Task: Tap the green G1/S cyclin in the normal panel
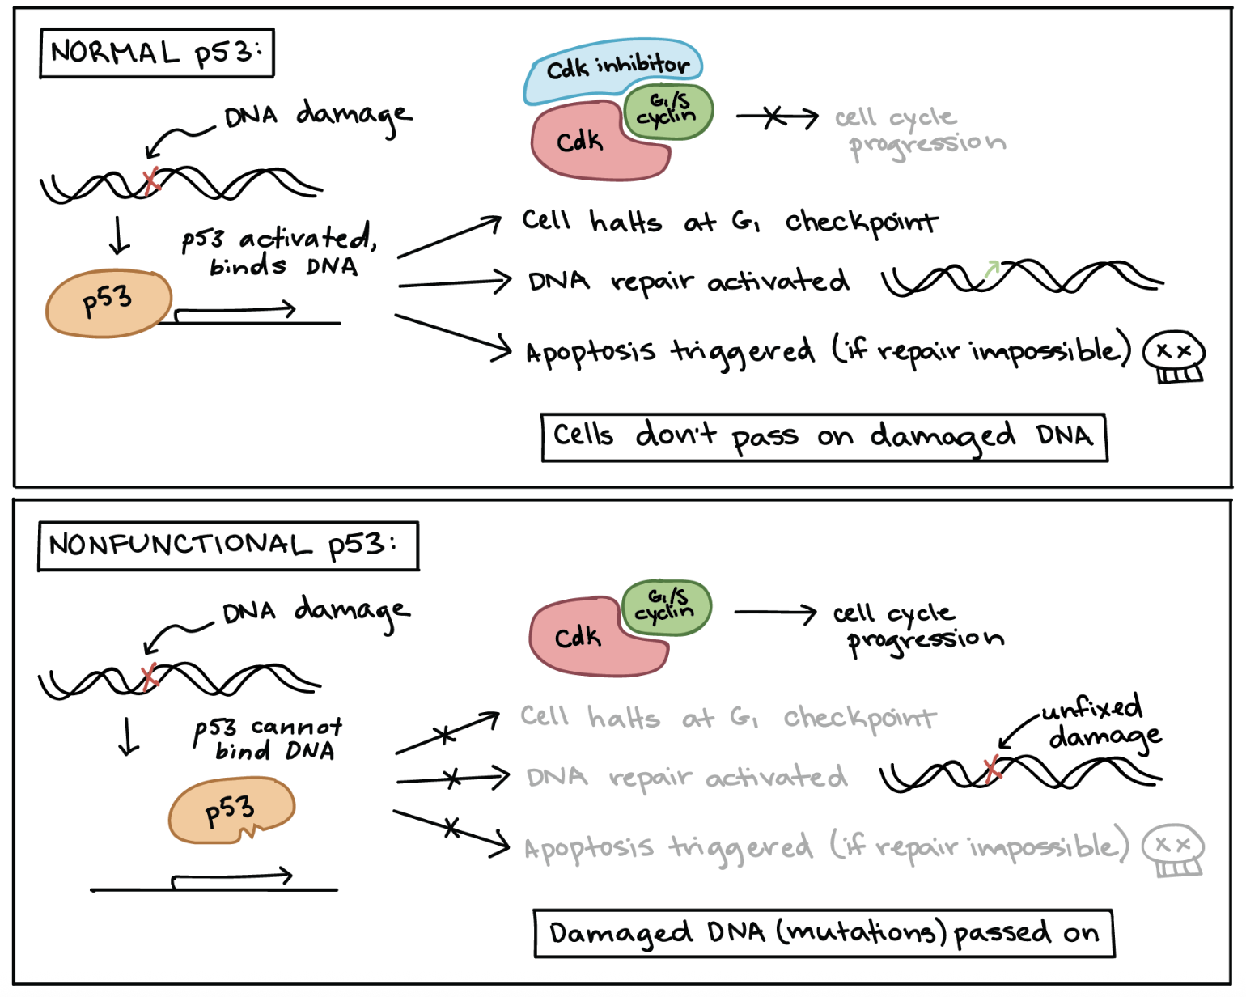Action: click(668, 112)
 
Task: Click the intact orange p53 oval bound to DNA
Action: click(108, 303)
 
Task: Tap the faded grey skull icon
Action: click(1172, 850)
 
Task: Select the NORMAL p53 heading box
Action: click(157, 53)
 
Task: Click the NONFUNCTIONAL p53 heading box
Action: click(228, 546)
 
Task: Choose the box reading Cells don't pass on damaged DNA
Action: click(824, 438)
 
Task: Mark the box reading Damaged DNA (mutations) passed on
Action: click(824, 934)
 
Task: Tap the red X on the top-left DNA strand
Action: click(150, 181)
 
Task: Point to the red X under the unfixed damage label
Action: click(993, 769)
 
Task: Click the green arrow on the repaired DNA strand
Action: click(991, 270)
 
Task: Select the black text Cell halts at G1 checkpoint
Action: click(728, 222)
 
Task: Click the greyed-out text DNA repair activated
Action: click(686, 778)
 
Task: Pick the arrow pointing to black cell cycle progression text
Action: click(775, 613)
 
